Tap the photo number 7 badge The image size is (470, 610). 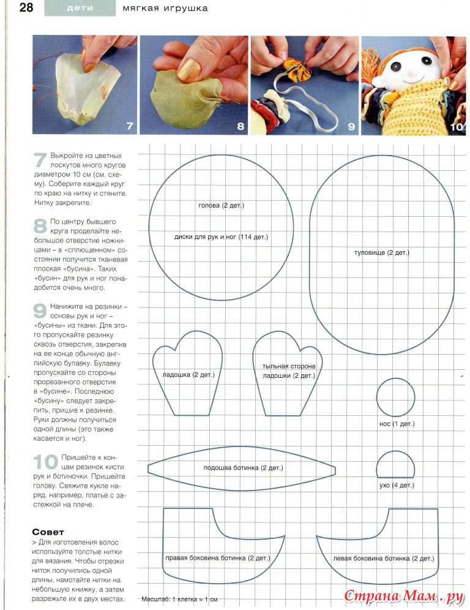129,126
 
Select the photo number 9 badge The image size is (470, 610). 351,127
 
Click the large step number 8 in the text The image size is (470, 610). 40,226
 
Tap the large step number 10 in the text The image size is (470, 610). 45,463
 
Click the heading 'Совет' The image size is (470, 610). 48,532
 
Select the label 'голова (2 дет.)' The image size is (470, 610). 221,206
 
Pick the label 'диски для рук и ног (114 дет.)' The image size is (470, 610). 221,236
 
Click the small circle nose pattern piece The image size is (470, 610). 395,397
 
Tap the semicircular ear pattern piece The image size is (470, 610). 396,465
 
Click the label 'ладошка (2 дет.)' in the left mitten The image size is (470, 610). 188,374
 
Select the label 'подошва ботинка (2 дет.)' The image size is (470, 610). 243,468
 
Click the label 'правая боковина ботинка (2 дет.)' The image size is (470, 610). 217,559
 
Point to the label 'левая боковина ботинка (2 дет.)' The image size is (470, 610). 384,559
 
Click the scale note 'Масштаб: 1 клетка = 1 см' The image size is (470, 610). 179,599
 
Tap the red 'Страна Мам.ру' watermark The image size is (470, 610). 401,596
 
